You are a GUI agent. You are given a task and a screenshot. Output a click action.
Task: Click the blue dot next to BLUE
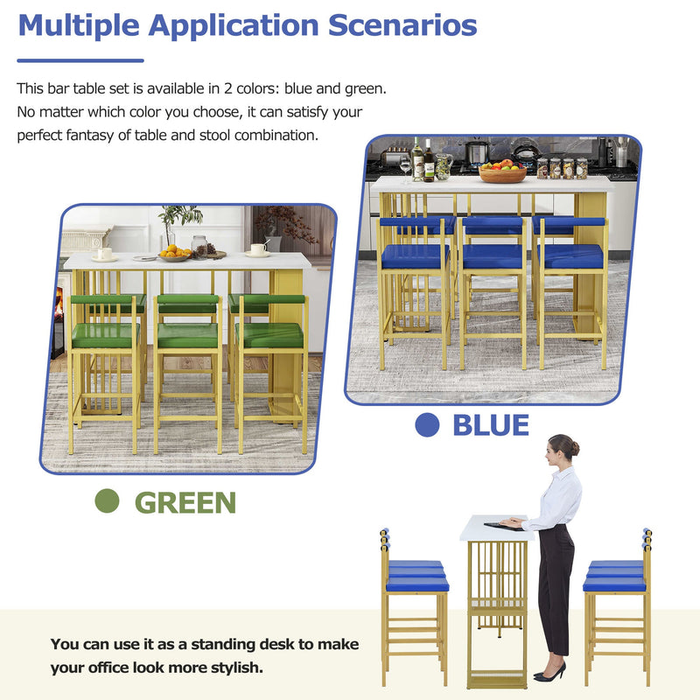click(x=426, y=425)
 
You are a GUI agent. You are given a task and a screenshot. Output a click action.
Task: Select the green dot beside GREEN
click(x=107, y=501)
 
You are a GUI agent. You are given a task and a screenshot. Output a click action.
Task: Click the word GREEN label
click(x=185, y=502)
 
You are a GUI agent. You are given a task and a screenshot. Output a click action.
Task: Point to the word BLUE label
click(x=490, y=425)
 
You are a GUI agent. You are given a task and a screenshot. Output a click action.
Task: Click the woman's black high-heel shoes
click(x=549, y=672)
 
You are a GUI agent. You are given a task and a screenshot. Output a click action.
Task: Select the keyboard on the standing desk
click(x=501, y=525)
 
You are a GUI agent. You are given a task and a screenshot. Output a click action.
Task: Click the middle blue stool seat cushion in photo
click(x=492, y=255)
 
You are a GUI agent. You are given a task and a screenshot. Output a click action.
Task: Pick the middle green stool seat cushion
click(x=187, y=335)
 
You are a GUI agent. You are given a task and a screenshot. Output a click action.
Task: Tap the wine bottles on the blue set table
click(x=423, y=161)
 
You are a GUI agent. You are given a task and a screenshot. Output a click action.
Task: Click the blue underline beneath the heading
click(x=80, y=60)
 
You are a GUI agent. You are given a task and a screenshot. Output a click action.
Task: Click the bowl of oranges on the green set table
click(x=174, y=253)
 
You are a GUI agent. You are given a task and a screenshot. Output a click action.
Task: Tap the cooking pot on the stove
click(x=476, y=152)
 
